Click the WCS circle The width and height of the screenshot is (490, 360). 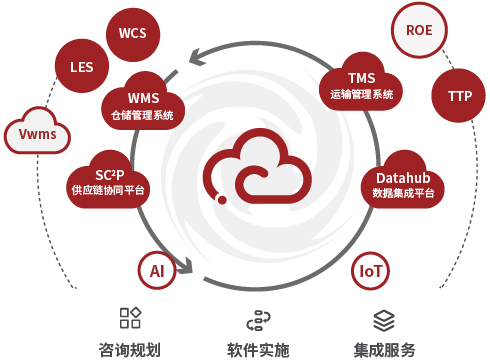(133, 34)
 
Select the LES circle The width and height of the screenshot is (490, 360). (82, 66)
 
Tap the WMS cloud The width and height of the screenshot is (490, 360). (143, 103)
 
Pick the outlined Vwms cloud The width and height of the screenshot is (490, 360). (37, 132)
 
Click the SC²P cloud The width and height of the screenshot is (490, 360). (108, 182)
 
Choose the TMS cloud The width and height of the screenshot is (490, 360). (361, 83)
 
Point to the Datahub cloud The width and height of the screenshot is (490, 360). (403, 182)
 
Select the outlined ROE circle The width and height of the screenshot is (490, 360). (419, 30)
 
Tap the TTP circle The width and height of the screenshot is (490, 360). (458, 96)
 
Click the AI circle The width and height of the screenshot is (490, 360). (157, 271)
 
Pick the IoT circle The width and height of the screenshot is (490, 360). (370, 271)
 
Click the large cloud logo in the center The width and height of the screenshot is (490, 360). (257, 167)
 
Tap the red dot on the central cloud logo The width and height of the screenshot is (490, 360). (222, 200)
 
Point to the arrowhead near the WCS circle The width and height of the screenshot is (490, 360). (197, 57)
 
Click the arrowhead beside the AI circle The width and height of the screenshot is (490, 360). (185, 266)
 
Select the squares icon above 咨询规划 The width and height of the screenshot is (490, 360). (130, 318)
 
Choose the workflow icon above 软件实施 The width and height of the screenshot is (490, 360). (258, 320)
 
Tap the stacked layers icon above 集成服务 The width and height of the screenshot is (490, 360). (384, 321)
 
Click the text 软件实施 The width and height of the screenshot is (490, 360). (258, 350)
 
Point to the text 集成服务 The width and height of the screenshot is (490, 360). (384, 350)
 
